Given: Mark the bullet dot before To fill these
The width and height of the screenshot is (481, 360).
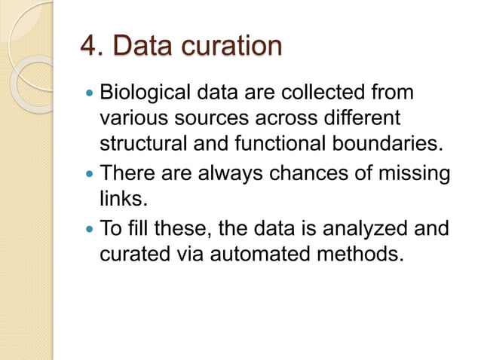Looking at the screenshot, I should [89, 228].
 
